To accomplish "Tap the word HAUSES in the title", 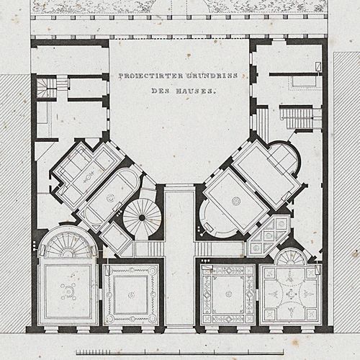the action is click(x=196, y=91).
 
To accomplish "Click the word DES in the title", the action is click(x=161, y=91).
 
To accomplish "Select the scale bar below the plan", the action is click(x=180, y=352).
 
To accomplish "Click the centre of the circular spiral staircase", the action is click(x=142, y=217).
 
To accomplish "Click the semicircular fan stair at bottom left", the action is click(x=68, y=245).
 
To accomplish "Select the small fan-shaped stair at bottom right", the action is click(x=291, y=257).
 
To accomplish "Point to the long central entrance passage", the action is click(x=179, y=257).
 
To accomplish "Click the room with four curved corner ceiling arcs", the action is click(x=291, y=294).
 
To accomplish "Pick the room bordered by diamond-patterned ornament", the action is click(x=228, y=294).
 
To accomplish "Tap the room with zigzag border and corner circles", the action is click(x=131, y=294).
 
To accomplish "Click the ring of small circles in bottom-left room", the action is click(x=68, y=292).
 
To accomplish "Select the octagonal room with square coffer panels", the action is click(x=269, y=236).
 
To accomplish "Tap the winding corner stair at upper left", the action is click(x=46, y=88).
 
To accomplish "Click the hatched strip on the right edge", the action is click(x=347, y=192).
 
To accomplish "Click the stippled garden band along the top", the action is click(x=179, y=6).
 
